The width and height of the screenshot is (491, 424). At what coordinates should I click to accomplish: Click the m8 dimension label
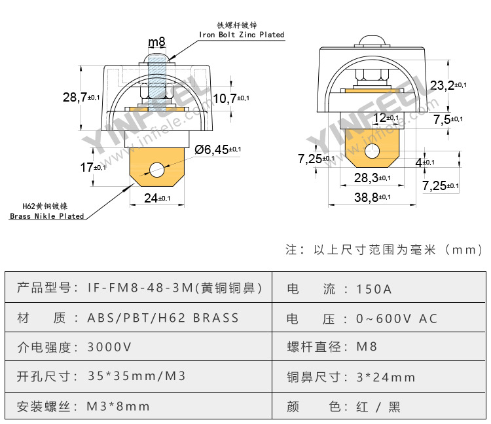coord(156,42)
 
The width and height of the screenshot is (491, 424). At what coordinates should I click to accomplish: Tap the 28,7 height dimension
coord(81,97)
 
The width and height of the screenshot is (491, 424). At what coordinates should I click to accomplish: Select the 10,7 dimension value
coord(231,98)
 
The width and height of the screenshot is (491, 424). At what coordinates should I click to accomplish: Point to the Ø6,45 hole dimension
coord(217,149)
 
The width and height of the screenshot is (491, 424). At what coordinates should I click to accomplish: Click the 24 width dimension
coord(157,198)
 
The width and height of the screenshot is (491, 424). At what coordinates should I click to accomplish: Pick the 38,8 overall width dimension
coord(373,197)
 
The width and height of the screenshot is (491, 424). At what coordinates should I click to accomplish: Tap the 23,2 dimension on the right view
coord(448,85)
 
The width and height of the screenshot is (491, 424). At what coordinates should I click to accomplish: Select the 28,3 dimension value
coord(373,178)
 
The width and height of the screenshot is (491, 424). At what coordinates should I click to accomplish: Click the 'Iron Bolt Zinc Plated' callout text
coord(242,35)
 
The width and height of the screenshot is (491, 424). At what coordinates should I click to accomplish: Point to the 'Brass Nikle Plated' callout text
coord(47,216)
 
